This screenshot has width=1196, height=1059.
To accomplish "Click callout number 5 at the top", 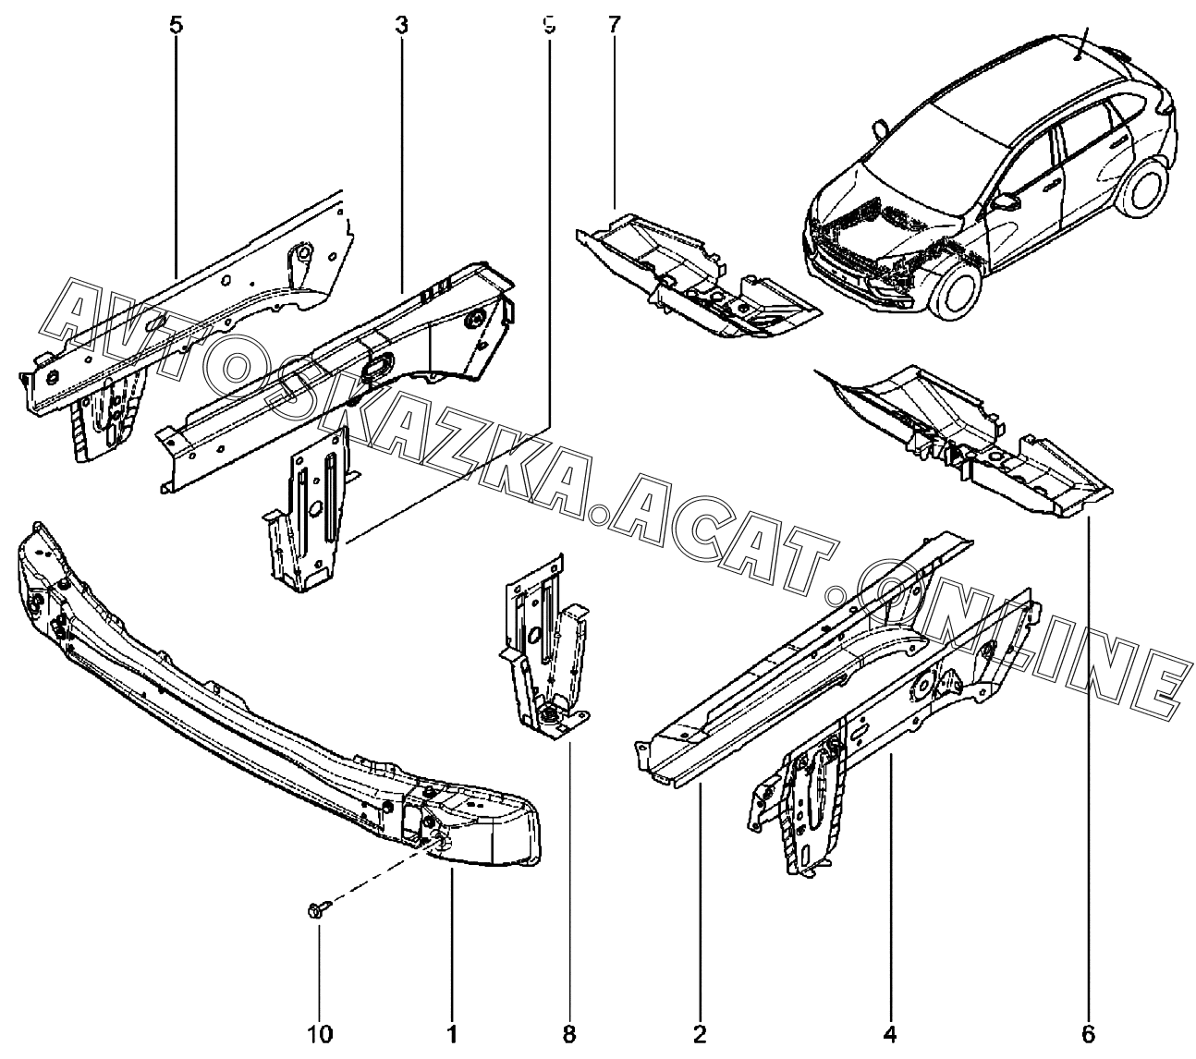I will pos(177,26).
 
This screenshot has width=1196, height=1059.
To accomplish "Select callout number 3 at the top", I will pos(401,26).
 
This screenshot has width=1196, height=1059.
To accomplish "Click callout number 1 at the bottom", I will pos(452,1033).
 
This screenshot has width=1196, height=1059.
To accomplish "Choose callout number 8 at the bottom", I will pos(568,1033).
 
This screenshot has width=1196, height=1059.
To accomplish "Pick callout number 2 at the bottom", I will pos(700,1033).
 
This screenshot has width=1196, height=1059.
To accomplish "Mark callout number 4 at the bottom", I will pos(891,1033).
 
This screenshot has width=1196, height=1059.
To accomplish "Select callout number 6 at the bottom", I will pos(1088,1033).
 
